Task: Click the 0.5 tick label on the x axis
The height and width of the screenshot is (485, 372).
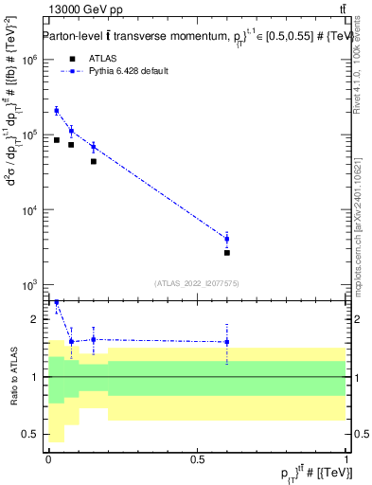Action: click(x=197, y=459)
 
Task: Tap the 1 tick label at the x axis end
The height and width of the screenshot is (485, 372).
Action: click(x=345, y=459)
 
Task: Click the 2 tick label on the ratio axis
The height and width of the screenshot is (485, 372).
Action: click(x=35, y=319)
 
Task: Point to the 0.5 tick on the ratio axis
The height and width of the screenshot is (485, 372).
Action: click(x=30, y=434)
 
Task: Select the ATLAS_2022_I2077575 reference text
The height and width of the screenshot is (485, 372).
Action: click(x=196, y=282)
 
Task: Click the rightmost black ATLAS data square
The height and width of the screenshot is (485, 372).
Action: click(x=227, y=253)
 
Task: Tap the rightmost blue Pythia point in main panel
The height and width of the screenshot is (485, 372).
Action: click(x=227, y=239)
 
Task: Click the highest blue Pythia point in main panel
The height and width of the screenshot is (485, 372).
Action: click(x=57, y=111)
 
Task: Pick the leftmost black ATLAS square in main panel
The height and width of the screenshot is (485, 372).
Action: click(x=57, y=140)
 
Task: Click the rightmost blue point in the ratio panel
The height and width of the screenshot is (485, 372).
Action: click(x=227, y=342)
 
